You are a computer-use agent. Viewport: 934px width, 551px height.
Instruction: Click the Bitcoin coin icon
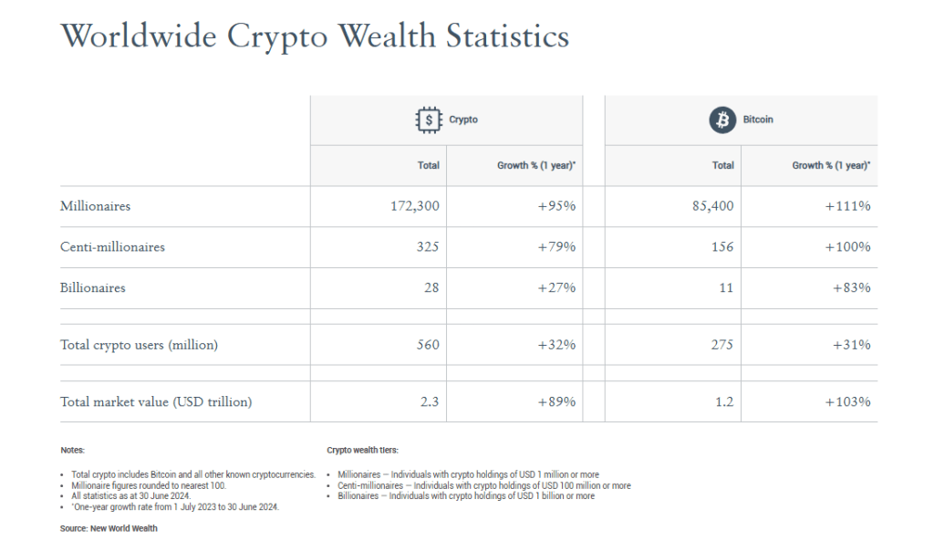click(x=722, y=120)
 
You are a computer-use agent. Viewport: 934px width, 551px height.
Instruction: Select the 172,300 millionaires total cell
click(x=415, y=206)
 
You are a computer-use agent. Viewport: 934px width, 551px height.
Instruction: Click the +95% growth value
click(x=556, y=206)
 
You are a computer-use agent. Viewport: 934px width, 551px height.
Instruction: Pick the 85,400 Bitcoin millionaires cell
click(x=713, y=206)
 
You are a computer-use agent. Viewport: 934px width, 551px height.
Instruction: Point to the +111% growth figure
click(x=847, y=206)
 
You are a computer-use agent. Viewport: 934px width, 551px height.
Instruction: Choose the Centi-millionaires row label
click(x=112, y=247)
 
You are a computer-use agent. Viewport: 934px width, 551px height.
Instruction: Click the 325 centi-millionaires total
click(x=427, y=247)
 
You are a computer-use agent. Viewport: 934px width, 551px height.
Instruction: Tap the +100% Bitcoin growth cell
click(x=847, y=247)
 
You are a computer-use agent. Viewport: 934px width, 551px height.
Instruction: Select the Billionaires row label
click(x=93, y=288)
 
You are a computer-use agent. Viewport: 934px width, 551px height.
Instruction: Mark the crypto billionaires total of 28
click(x=431, y=288)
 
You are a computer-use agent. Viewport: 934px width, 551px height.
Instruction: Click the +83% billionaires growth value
click(x=851, y=288)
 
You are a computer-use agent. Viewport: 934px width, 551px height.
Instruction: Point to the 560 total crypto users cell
click(x=427, y=345)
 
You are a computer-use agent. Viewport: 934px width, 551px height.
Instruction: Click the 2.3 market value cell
click(x=430, y=401)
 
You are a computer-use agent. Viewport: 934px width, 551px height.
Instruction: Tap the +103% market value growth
click(x=847, y=401)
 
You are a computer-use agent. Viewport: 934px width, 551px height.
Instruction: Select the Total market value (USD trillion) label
click(x=156, y=401)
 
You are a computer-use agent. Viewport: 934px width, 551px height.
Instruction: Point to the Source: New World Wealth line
click(x=109, y=528)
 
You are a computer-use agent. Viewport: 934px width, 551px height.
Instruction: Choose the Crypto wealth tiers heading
click(x=362, y=451)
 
